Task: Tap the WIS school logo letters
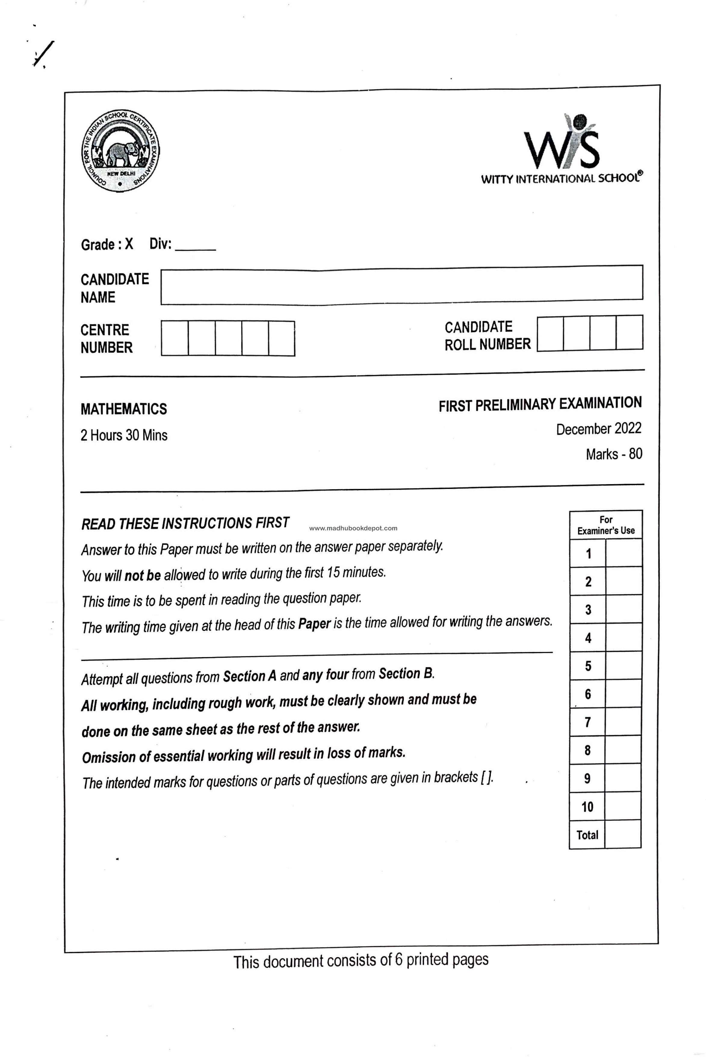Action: [x=562, y=146]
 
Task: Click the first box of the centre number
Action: [x=175, y=338]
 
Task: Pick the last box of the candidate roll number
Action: [x=629, y=333]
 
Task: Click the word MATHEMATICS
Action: [x=124, y=409]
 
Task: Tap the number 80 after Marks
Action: [x=635, y=454]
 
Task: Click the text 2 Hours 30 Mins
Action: [x=124, y=435]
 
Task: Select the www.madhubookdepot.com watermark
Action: [x=353, y=528]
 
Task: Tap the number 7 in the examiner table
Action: [x=588, y=722]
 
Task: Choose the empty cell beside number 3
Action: [x=624, y=610]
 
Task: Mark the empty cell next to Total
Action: [x=623, y=835]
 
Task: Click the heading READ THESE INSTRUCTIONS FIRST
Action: [x=185, y=524]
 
